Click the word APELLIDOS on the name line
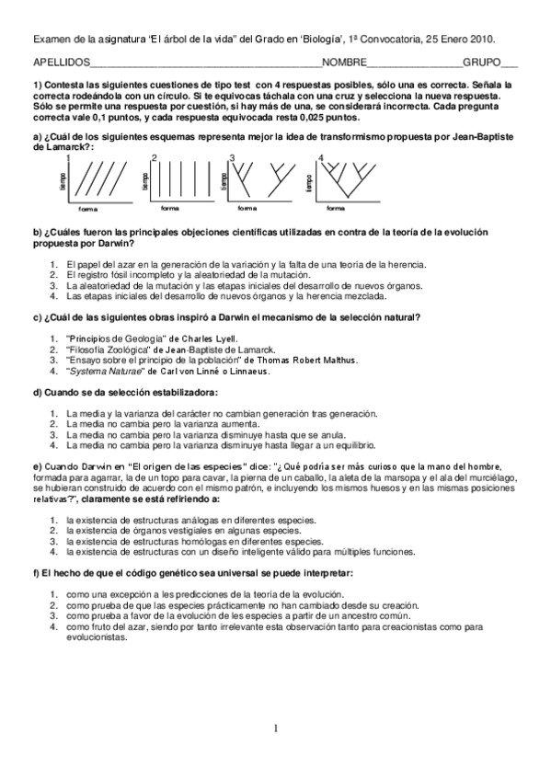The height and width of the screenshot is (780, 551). pyautogui.click(x=62, y=64)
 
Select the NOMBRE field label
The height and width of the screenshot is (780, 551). pyautogui.click(x=343, y=64)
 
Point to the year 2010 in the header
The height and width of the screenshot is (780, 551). pyautogui.click(x=483, y=40)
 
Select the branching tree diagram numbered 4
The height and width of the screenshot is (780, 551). pyautogui.click(x=341, y=178)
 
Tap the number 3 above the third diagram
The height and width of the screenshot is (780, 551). pyautogui.click(x=232, y=158)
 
